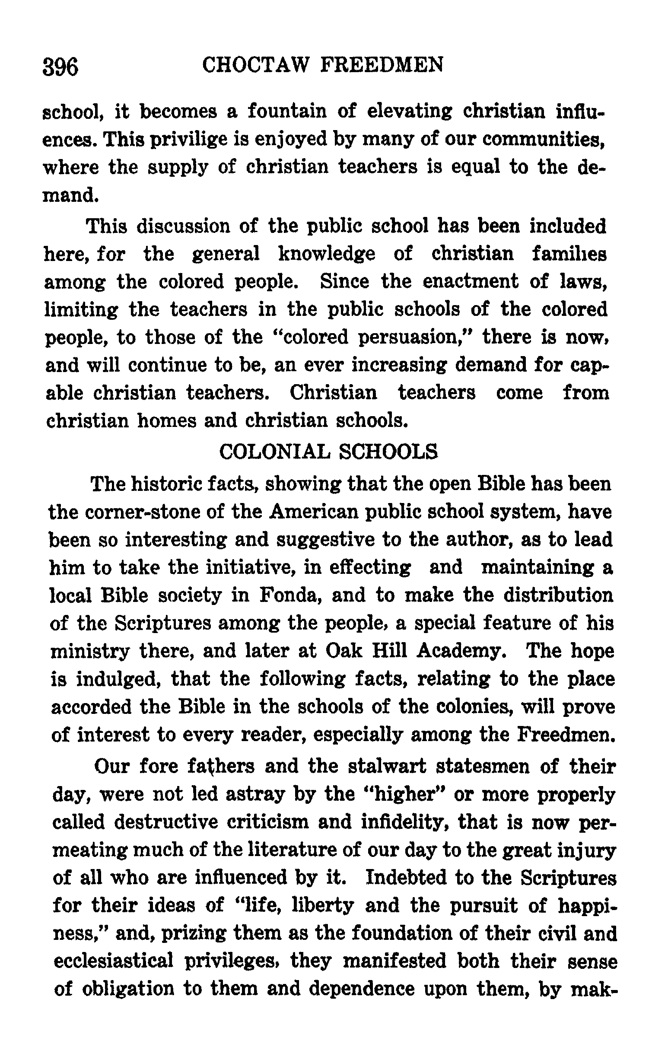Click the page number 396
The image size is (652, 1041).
[60, 67]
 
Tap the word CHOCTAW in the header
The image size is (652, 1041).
[256, 66]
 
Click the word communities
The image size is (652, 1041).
[543, 140]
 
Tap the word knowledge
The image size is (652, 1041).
[327, 254]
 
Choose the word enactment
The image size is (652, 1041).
[471, 282]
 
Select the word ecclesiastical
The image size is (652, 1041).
[114, 962]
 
